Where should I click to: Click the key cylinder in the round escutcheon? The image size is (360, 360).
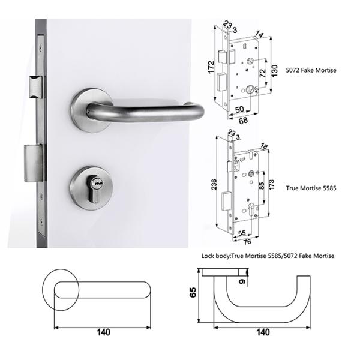tap(95, 189)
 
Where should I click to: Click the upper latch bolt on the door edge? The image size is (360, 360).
tap(36, 87)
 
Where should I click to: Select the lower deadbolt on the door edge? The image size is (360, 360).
tap(34, 163)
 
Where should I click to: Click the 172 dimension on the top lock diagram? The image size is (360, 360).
tap(211, 67)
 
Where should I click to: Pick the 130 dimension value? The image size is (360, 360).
tap(274, 70)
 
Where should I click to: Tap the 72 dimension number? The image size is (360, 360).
tap(262, 73)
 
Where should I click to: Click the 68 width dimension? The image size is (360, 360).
tap(243, 120)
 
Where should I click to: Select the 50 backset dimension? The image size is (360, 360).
tap(239, 109)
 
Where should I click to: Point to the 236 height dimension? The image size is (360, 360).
tap(214, 184)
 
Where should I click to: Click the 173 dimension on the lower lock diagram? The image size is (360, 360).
tap(271, 185)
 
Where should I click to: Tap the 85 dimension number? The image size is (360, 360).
tap(262, 186)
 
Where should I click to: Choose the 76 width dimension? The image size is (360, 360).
tap(247, 242)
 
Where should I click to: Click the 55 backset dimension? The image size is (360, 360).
tap(242, 233)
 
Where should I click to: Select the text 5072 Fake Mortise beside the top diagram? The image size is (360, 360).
tap(311, 70)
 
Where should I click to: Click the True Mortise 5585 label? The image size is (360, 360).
tap(311, 188)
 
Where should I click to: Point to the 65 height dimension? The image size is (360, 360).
tap(193, 292)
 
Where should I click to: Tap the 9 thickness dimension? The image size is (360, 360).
tap(242, 281)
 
